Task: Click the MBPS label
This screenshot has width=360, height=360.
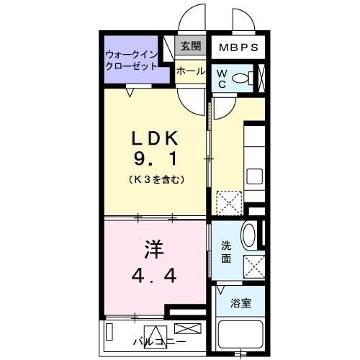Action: tap(234, 48)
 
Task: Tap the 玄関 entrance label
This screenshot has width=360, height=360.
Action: tap(190, 48)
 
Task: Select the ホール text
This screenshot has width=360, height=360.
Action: tap(191, 71)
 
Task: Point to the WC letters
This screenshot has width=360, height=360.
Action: tap(222, 78)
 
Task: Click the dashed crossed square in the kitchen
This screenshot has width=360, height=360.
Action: tap(230, 202)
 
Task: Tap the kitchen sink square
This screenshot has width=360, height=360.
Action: tap(256, 176)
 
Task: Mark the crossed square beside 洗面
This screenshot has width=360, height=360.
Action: tap(255, 266)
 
